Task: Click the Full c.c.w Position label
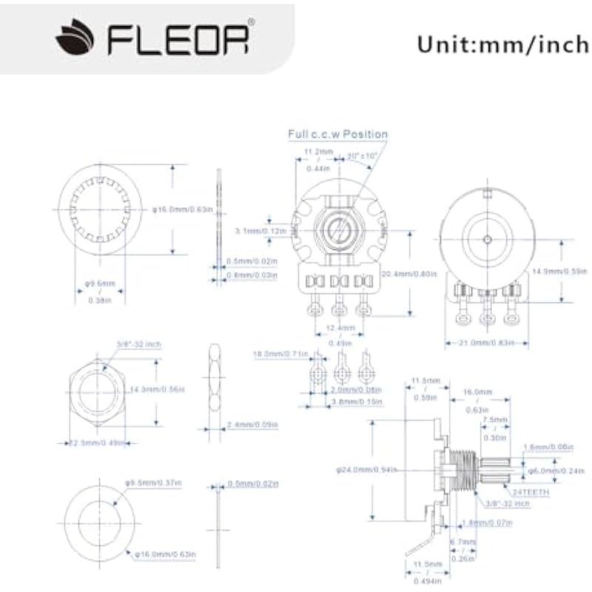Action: tap(338, 135)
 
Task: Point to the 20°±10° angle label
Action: tap(362, 155)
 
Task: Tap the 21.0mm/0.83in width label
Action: tap(485, 343)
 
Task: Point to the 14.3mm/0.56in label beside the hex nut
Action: tap(157, 389)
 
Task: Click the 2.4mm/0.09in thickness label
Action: tap(251, 425)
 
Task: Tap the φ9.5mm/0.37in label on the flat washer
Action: tap(155, 483)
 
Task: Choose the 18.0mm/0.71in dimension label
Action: tap(280, 354)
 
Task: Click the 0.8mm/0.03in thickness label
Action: tap(251, 275)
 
